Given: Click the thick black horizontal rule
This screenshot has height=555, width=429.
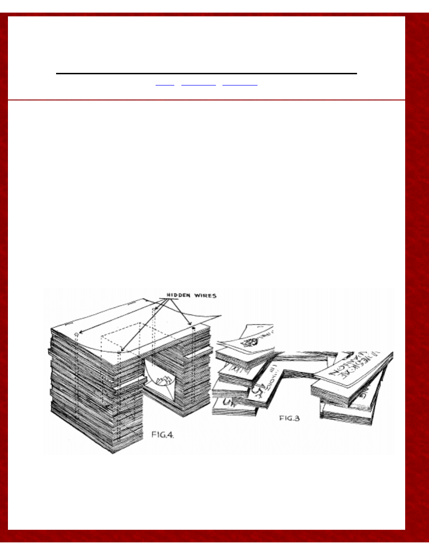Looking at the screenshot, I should pos(206,73).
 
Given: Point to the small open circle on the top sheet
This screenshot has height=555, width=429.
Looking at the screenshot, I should pos(76,334).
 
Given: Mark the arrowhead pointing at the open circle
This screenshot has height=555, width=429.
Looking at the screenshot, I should pos(80,332).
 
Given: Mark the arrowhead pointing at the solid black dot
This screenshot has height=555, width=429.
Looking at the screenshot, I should pos(191,325).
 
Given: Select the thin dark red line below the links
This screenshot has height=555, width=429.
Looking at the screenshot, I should pos(206,100).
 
